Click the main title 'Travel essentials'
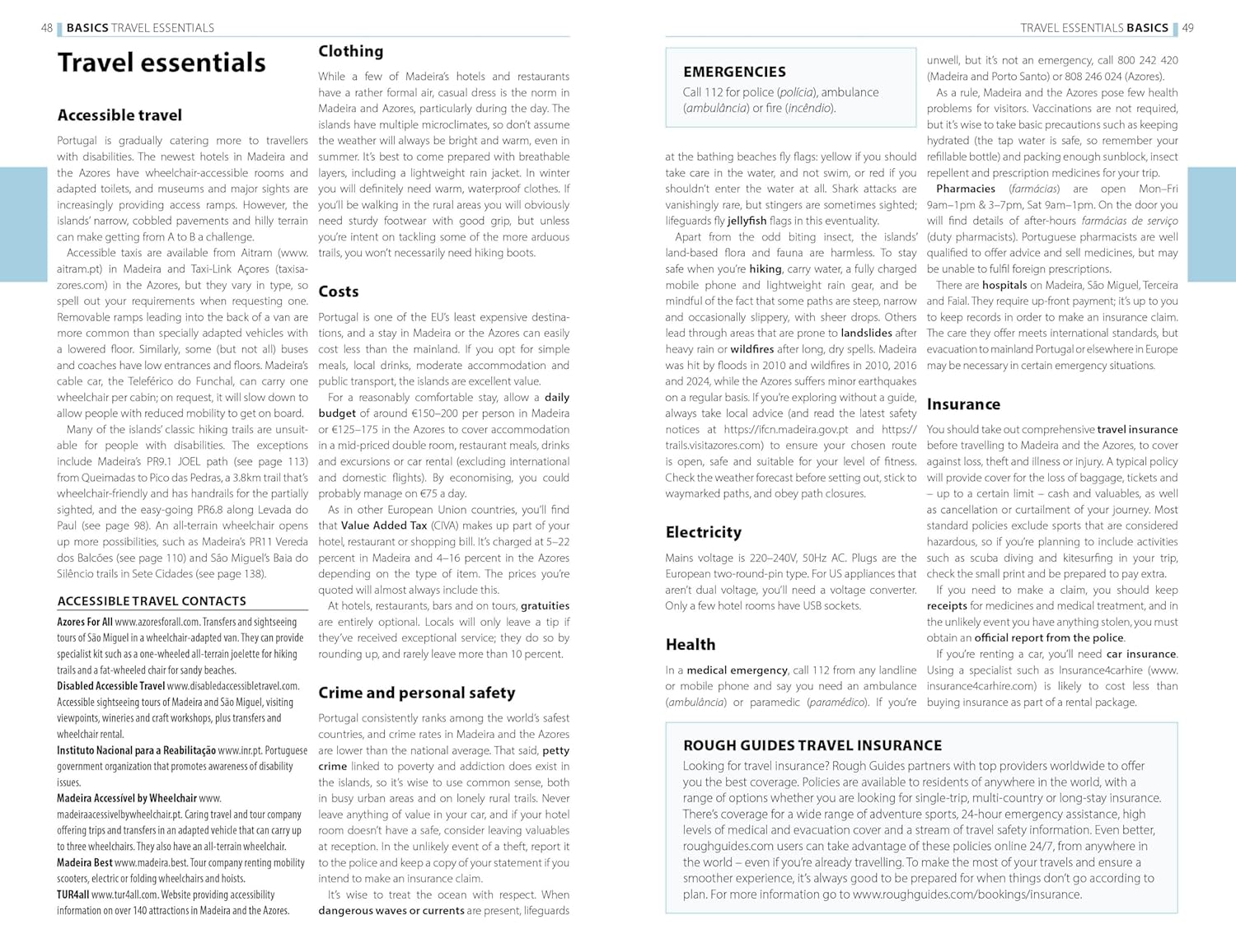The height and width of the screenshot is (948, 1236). click(x=162, y=63)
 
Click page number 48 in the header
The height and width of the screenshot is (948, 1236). click(x=47, y=28)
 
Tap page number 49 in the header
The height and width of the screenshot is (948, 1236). click(x=1187, y=28)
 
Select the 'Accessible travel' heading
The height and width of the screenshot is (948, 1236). click(x=119, y=115)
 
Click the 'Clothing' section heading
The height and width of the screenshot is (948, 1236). click(x=351, y=51)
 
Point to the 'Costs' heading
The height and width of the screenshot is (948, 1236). click(x=339, y=292)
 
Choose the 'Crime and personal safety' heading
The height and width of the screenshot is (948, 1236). click(x=417, y=693)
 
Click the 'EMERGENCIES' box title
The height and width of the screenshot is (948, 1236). click(x=734, y=72)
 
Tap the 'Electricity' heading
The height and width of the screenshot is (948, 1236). click(x=704, y=532)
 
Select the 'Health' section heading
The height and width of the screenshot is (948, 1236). click(x=691, y=645)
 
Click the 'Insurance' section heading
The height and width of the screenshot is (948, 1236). click(x=963, y=404)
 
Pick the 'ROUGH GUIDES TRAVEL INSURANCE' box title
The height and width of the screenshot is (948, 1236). click(x=812, y=745)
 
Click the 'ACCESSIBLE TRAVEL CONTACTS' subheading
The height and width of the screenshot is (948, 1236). click(x=152, y=601)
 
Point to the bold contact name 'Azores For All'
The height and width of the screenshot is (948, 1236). click(x=85, y=623)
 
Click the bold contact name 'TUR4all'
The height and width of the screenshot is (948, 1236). click(x=73, y=895)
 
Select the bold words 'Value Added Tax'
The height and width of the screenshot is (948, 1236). click(x=384, y=525)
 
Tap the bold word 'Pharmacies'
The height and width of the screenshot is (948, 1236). click(x=966, y=189)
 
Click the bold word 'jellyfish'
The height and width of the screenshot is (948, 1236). click(x=747, y=221)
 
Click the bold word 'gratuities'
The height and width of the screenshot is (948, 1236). click(x=545, y=606)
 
